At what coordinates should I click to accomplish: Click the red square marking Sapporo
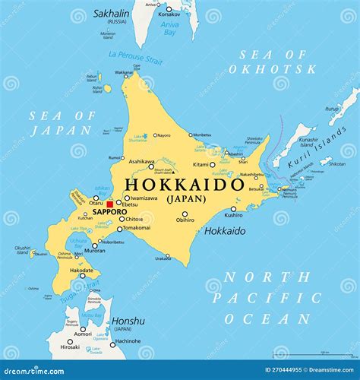109,204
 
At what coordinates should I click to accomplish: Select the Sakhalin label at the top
112,14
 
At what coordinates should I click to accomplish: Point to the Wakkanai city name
122,72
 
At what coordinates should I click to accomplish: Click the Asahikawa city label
141,161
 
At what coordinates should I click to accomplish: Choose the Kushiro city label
233,215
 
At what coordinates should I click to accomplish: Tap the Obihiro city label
185,220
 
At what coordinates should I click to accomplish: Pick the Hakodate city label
81,269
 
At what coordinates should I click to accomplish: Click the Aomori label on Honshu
82,334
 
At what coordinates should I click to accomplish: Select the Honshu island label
128,321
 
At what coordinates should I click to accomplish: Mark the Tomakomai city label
137,228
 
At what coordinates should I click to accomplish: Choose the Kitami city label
201,165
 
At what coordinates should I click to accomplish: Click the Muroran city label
95,251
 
